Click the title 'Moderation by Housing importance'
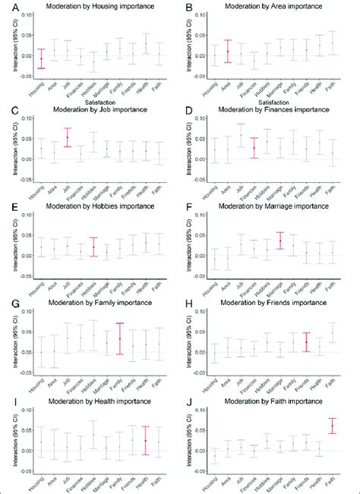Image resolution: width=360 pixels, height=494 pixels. click(x=93, y=7)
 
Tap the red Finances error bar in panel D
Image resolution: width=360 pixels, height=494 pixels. click(x=254, y=147)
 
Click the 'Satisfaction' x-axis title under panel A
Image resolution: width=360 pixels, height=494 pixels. click(x=93, y=97)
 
